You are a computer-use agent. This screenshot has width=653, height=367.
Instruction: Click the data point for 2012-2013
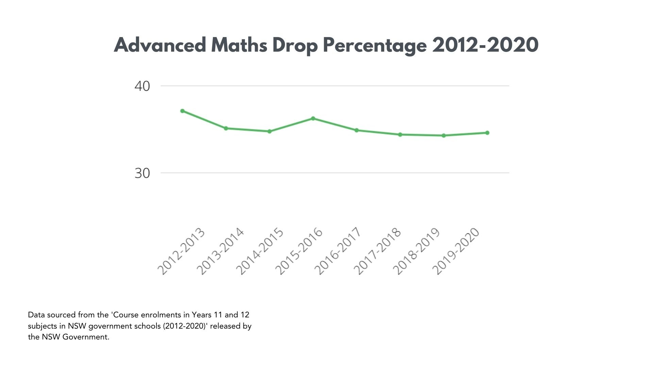[x=182, y=111]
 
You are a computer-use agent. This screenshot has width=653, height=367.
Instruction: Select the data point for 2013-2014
[x=226, y=128]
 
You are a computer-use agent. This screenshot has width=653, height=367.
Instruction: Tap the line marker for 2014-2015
[x=269, y=131]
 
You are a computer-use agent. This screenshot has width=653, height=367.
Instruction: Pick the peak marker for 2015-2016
[x=313, y=118]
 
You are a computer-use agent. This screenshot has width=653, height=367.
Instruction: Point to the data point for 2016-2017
[x=356, y=130]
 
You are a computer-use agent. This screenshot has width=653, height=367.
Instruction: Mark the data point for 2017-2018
[x=400, y=135]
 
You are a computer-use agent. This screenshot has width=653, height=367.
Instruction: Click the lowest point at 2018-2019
[x=443, y=136]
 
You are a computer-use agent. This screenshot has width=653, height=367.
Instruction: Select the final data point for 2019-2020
[x=487, y=133]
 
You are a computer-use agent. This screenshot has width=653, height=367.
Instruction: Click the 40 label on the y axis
[x=142, y=86]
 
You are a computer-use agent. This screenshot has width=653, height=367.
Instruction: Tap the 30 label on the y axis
[x=142, y=173]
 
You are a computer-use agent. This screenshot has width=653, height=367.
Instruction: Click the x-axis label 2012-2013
[x=181, y=251]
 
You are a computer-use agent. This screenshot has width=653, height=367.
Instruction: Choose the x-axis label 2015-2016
[x=299, y=251]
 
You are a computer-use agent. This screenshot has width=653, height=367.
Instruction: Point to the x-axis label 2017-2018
[x=378, y=251]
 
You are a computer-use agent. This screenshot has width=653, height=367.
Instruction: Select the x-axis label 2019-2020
[x=456, y=251]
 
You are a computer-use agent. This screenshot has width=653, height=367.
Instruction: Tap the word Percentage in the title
[x=374, y=45]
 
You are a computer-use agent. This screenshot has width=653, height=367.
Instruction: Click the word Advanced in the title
[x=160, y=45]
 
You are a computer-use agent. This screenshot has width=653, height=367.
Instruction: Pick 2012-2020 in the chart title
[x=485, y=45]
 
